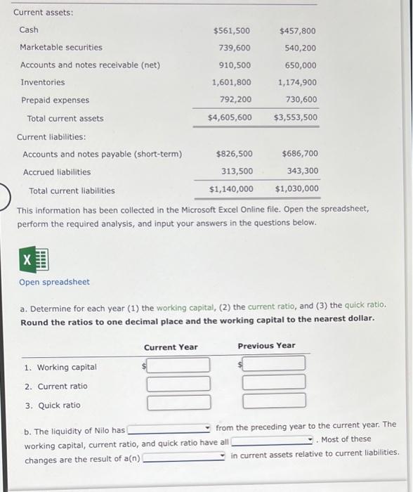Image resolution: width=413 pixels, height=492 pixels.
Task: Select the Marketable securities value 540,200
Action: point(299,48)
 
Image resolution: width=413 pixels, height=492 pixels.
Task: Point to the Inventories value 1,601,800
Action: point(231,82)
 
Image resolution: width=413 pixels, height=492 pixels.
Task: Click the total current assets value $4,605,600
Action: point(230,117)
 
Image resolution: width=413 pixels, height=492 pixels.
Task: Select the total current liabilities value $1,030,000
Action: point(296,188)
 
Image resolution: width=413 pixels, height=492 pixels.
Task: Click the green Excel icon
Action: point(33,260)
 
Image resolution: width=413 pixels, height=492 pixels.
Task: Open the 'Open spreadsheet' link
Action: point(54,282)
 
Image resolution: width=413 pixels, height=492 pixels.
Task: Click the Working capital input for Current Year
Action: point(178,365)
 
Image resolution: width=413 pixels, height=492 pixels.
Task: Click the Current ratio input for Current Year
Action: point(178,383)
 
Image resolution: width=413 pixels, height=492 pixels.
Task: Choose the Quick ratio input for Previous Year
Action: point(274,401)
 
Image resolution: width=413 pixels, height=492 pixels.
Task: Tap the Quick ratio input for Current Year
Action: point(178,402)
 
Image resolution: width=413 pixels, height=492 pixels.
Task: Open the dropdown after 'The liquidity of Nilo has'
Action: point(169,429)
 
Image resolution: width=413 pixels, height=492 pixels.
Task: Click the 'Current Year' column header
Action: point(171,347)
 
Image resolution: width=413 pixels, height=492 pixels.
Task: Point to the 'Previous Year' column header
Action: point(266,346)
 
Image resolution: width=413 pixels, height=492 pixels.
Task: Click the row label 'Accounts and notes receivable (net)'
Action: point(90,65)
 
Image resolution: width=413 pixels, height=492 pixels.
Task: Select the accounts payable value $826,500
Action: point(234,153)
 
